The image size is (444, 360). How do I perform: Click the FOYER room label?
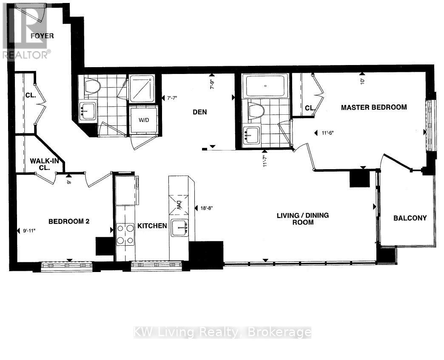(x=42, y=36)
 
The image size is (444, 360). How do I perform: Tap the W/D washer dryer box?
(x=144, y=120)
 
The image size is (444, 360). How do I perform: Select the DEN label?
(x=199, y=112)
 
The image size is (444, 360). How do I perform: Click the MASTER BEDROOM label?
(x=374, y=107)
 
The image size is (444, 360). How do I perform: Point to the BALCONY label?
(x=410, y=218)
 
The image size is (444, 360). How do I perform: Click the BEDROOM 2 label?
(x=69, y=221)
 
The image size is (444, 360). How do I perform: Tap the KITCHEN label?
(x=152, y=226)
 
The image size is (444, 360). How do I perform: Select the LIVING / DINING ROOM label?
(x=303, y=219)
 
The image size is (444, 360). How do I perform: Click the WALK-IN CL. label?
(x=45, y=164)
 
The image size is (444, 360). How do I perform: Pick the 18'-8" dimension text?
(x=206, y=208)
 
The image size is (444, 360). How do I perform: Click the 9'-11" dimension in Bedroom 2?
(x=29, y=231)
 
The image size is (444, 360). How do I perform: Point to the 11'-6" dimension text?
(x=327, y=133)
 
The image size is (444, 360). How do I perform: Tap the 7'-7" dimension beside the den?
(x=172, y=98)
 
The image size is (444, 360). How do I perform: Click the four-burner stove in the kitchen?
(x=125, y=234)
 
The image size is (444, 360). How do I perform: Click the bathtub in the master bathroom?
(x=265, y=86)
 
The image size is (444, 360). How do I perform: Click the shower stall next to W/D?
(x=142, y=88)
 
